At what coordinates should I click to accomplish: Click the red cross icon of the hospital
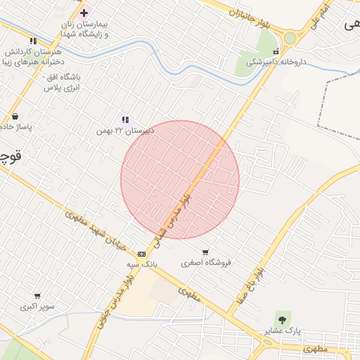tap(84, 13)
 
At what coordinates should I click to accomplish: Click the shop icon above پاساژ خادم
tap(15, 117)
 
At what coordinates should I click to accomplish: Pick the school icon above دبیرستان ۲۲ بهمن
tap(125, 120)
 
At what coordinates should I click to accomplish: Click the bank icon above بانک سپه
tap(142, 253)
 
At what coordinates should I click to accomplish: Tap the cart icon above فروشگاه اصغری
tap(205, 252)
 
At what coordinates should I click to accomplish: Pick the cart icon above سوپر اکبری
tap(37, 296)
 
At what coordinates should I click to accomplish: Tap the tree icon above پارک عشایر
tap(283, 319)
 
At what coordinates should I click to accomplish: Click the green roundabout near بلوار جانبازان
tap(290, 38)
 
